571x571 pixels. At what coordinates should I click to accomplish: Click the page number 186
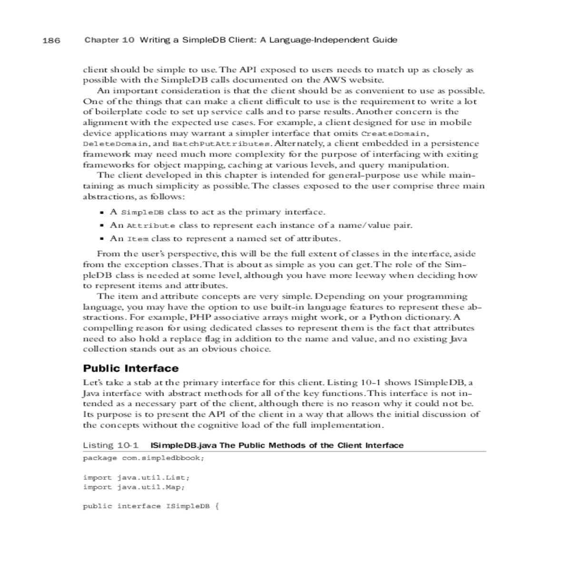(51, 40)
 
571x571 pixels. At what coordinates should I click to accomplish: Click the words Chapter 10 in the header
(109, 40)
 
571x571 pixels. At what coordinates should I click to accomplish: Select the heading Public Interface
(131, 368)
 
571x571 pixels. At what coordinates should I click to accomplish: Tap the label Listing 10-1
(110, 445)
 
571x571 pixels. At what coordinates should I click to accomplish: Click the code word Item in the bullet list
(138, 239)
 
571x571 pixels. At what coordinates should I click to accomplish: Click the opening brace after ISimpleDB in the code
(217, 506)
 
